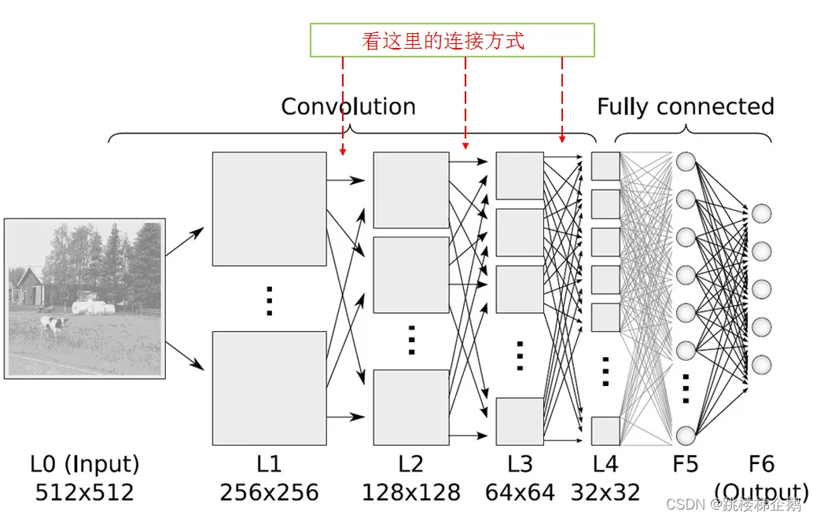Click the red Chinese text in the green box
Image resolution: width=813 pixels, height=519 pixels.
click(443, 40)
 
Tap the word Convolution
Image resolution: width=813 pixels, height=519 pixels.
click(348, 107)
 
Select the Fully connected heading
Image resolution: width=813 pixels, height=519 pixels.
click(686, 107)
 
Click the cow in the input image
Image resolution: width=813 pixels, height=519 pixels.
click(53, 325)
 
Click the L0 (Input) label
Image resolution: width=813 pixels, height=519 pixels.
click(84, 465)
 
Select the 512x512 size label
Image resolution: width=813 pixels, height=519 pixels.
click(84, 492)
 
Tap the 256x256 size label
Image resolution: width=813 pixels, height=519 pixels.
click(269, 492)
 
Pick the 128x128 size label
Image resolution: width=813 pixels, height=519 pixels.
click(410, 492)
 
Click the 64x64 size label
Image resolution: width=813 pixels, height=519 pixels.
click(520, 492)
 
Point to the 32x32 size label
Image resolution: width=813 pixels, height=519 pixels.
click(605, 492)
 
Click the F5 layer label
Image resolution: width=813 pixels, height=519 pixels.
click(685, 464)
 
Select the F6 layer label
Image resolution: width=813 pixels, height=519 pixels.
click(761, 464)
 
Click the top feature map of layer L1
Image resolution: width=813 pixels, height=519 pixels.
click(269, 209)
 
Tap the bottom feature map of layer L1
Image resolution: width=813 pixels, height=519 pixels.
click(269, 388)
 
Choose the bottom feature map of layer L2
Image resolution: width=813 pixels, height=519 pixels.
click(411, 407)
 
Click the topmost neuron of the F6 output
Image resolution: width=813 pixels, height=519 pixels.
click(761, 213)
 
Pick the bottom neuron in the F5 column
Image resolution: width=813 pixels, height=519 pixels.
click(686, 436)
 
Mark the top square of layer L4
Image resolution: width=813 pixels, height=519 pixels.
click(605, 166)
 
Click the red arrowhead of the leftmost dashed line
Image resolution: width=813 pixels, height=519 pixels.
click(343, 152)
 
